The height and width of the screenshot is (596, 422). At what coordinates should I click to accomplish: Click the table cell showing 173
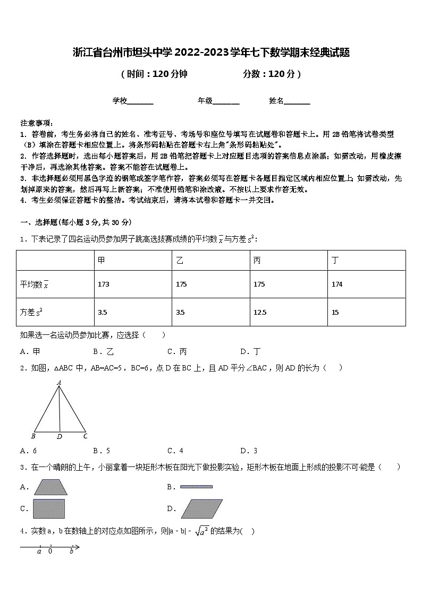[x=103, y=284]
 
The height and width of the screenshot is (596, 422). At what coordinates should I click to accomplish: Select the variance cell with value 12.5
[x=260, y=313]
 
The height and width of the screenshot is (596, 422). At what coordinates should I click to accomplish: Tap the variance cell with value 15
[x=335, y=313]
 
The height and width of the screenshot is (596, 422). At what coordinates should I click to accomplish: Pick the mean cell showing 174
[x=337, y=284]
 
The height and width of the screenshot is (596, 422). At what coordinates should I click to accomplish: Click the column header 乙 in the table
[x=180, y=260]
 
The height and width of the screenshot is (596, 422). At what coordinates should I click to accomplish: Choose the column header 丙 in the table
[x=257, y=260]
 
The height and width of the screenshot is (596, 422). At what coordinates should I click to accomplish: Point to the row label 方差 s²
[x=31, y=313]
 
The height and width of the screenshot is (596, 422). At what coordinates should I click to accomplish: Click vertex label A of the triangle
[x=59, y=382]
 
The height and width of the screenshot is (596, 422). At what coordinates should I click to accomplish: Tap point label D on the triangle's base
[x=60, y=437]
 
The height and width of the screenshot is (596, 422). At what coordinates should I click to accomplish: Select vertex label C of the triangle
[x=85, y=436]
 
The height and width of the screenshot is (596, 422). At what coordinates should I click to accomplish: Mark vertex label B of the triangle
[x=33, y=436]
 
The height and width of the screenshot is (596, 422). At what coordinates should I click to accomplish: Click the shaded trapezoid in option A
[x=50, y=487]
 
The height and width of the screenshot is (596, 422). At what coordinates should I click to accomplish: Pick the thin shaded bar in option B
[x=196, y=486]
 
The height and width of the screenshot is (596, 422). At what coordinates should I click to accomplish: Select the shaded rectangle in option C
[x=49, y=508]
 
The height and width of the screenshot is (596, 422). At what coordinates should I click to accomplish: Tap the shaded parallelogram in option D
[x=201, y=508]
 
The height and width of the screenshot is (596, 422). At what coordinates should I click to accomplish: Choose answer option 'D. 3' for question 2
[x=249, y=451]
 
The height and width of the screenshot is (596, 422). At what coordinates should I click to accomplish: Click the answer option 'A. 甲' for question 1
[x=30, y=351]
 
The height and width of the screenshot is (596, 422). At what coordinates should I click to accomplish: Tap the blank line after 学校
[x=140, y=101]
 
